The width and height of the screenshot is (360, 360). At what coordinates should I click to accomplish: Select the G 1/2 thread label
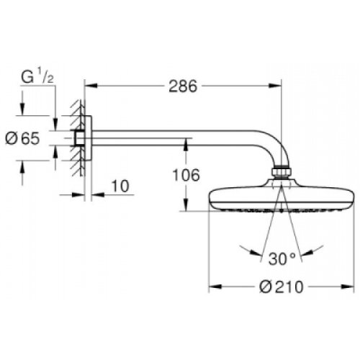(35, 76)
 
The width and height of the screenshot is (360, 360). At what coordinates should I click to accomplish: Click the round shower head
(279, 201)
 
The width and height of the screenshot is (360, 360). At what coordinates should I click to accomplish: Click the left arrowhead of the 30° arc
(249, 249)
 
